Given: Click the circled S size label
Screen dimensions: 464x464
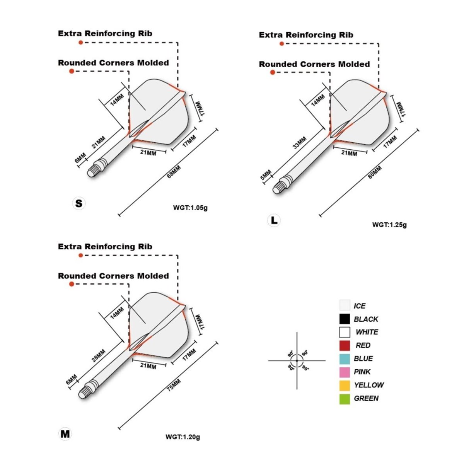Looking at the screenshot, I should coord(79,203).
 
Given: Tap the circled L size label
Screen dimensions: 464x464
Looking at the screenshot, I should coord(274,221).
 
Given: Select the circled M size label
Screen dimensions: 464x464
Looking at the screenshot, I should coord(65,434).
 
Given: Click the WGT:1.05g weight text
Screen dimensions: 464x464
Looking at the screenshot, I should coord(190,208).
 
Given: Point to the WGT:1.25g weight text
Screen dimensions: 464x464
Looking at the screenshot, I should coord(389,224).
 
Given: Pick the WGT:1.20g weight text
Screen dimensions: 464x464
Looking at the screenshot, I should coord(183,437).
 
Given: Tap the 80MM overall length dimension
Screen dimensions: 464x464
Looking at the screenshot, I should coord(374,172).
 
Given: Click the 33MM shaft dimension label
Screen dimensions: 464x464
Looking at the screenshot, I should coord(300,142).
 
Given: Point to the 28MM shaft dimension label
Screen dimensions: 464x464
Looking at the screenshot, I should coord(99,356).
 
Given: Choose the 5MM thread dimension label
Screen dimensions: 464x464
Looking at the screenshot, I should coord(266,175).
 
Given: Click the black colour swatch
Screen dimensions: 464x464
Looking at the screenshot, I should coord(345,319).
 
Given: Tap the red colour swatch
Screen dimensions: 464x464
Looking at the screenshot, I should coord(345,345).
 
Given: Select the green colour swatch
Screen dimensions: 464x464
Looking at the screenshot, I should coord(345,398).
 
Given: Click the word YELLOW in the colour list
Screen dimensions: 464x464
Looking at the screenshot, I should coord(369,385).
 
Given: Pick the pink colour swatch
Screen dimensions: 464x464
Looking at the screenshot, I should coord(345,372).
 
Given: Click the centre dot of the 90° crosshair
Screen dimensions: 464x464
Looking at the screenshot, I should coord(297,360).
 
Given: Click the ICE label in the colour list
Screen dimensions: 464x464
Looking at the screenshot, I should coord(359,306).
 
